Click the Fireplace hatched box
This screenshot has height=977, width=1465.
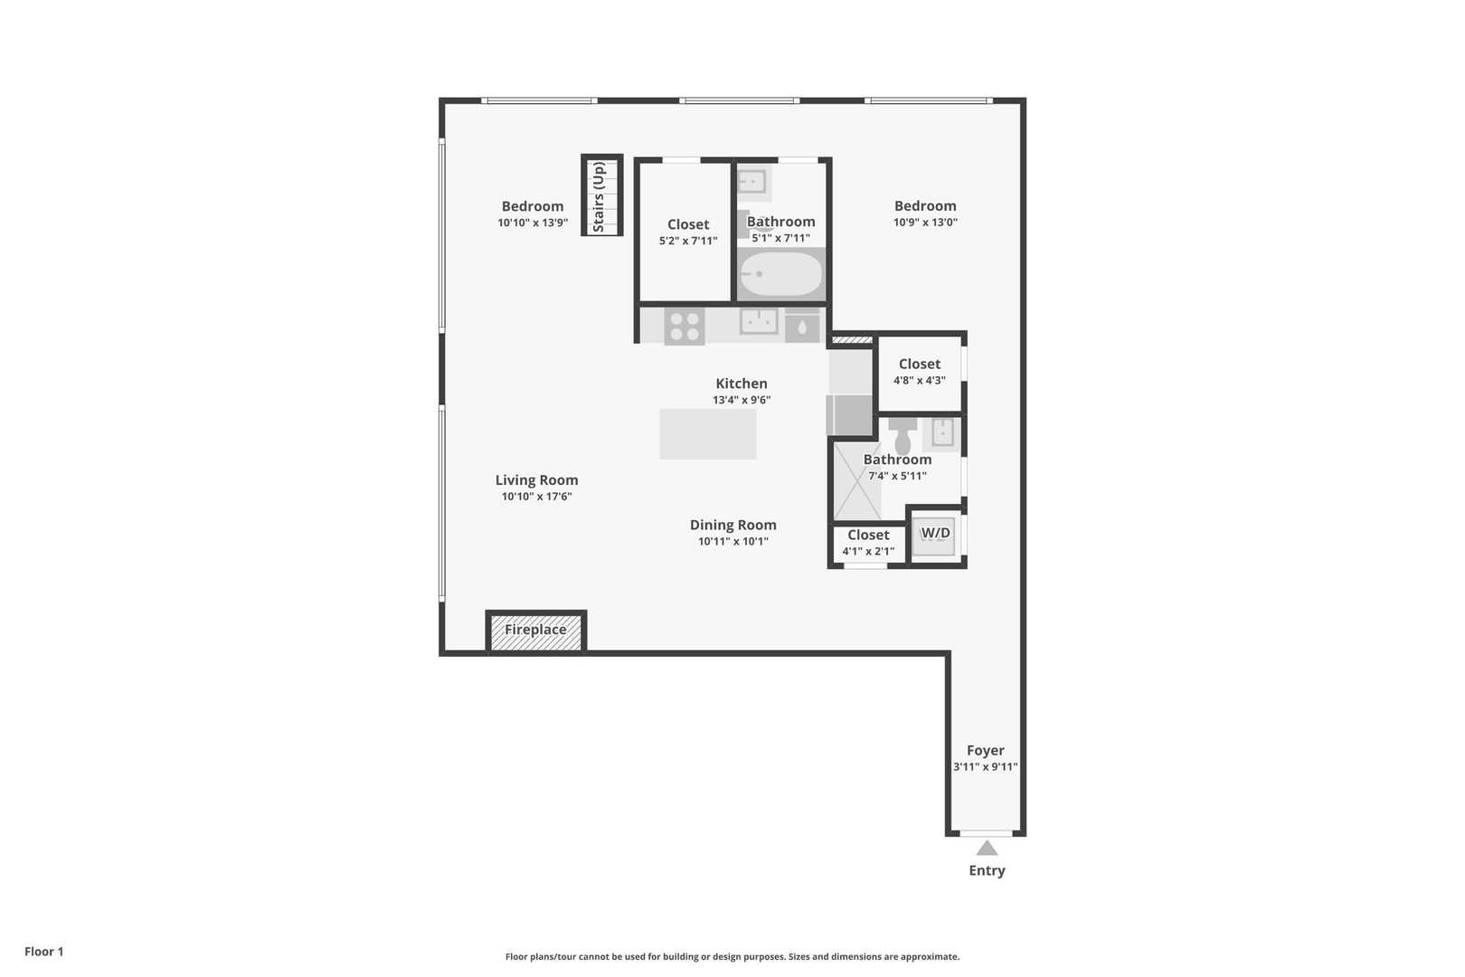click(x=536, y=631)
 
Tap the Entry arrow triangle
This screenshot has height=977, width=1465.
click(x=987, y=848)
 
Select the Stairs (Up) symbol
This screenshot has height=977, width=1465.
click(x=602, y=195)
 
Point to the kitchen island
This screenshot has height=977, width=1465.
click(x=708, y=434)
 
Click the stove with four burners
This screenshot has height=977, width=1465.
click(x=685, y=326)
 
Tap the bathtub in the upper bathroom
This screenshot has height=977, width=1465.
click(x=781, y=274)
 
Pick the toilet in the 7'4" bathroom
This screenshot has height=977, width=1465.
click(x=903, y=439)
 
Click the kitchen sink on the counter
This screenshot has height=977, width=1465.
click(x=759, y=321)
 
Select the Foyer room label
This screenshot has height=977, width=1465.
click(x=986, y=750)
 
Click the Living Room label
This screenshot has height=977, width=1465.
click(x=536, y=480)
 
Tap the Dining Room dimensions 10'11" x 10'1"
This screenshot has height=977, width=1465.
click(x=732, y=542)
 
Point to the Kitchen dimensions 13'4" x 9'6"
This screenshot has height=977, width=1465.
click(x=742, y=400)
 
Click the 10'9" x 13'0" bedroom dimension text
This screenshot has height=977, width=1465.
click(x=925, y=223)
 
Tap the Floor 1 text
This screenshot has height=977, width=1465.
click(x=44, y=952)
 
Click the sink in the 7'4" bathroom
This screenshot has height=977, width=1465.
click(x=943, y=432)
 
